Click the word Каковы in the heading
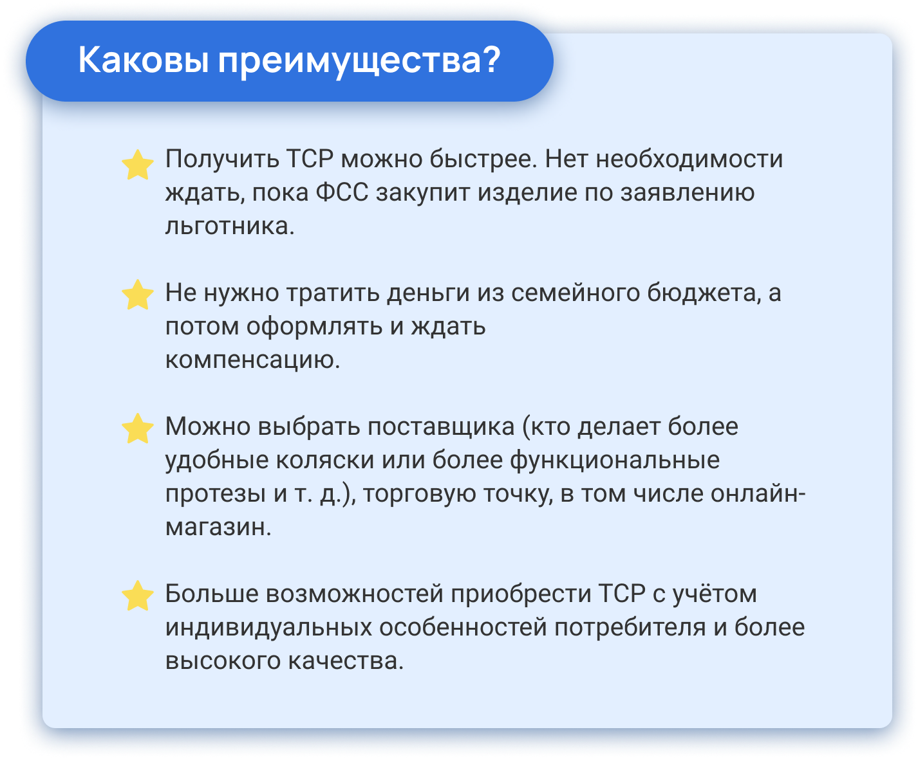[x=144, y=60]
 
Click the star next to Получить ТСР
[x=138, y=165]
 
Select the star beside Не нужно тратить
[x=138, y=295]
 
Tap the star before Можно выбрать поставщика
[x=138, y=428]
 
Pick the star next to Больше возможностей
[x=138, y=596]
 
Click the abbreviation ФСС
[x=342, y=192]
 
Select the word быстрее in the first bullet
[x=483, y=159]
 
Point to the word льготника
[x=229, y=226]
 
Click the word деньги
[x=428, y=293]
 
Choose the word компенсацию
[x=253, y=360]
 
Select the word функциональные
[x=615, y=461]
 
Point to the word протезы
[x=216, y=494]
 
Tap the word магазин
[x=218, y=527]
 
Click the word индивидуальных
[x=268, y=628]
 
